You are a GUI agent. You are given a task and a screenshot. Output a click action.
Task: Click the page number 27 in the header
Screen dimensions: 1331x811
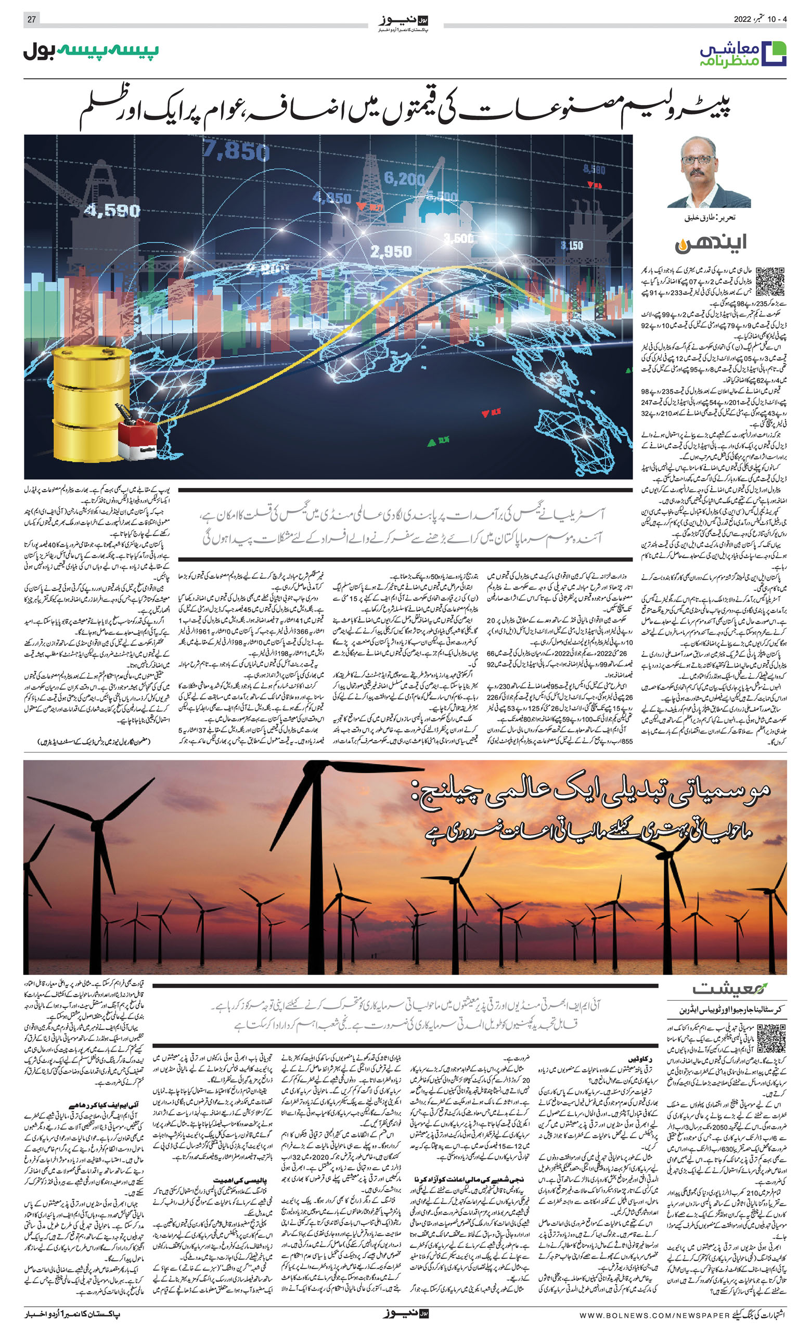pyautogui.click(x=31, y=19)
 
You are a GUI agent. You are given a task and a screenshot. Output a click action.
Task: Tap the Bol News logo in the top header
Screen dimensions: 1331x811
pyautogui.click(x=404, y=22)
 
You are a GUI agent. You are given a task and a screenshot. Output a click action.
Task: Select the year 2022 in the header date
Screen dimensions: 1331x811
pyautogui.click(x=743, y=19)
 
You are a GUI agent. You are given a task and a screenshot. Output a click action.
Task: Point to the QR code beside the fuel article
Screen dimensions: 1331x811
pyautogui.click(x=770, y=281)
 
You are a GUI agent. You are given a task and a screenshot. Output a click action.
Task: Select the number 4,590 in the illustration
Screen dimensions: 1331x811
pyautogui.click(x=112, y=211)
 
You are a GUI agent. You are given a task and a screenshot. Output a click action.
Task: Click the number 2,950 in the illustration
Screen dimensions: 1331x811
pyautogui.click(x=391, y=251)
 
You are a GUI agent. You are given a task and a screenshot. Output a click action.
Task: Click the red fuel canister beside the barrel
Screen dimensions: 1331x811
pyautogui.click(x=137, y=438)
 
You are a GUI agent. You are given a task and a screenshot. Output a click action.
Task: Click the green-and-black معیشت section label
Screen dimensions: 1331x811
pyautogui.click(x=729, y=989)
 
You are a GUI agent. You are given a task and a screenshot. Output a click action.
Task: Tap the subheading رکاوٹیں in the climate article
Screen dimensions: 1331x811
pyautogui.click(x=641, y=1060)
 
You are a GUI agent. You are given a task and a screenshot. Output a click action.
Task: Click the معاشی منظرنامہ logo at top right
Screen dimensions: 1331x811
pyautogui.click(x=743, y=54)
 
